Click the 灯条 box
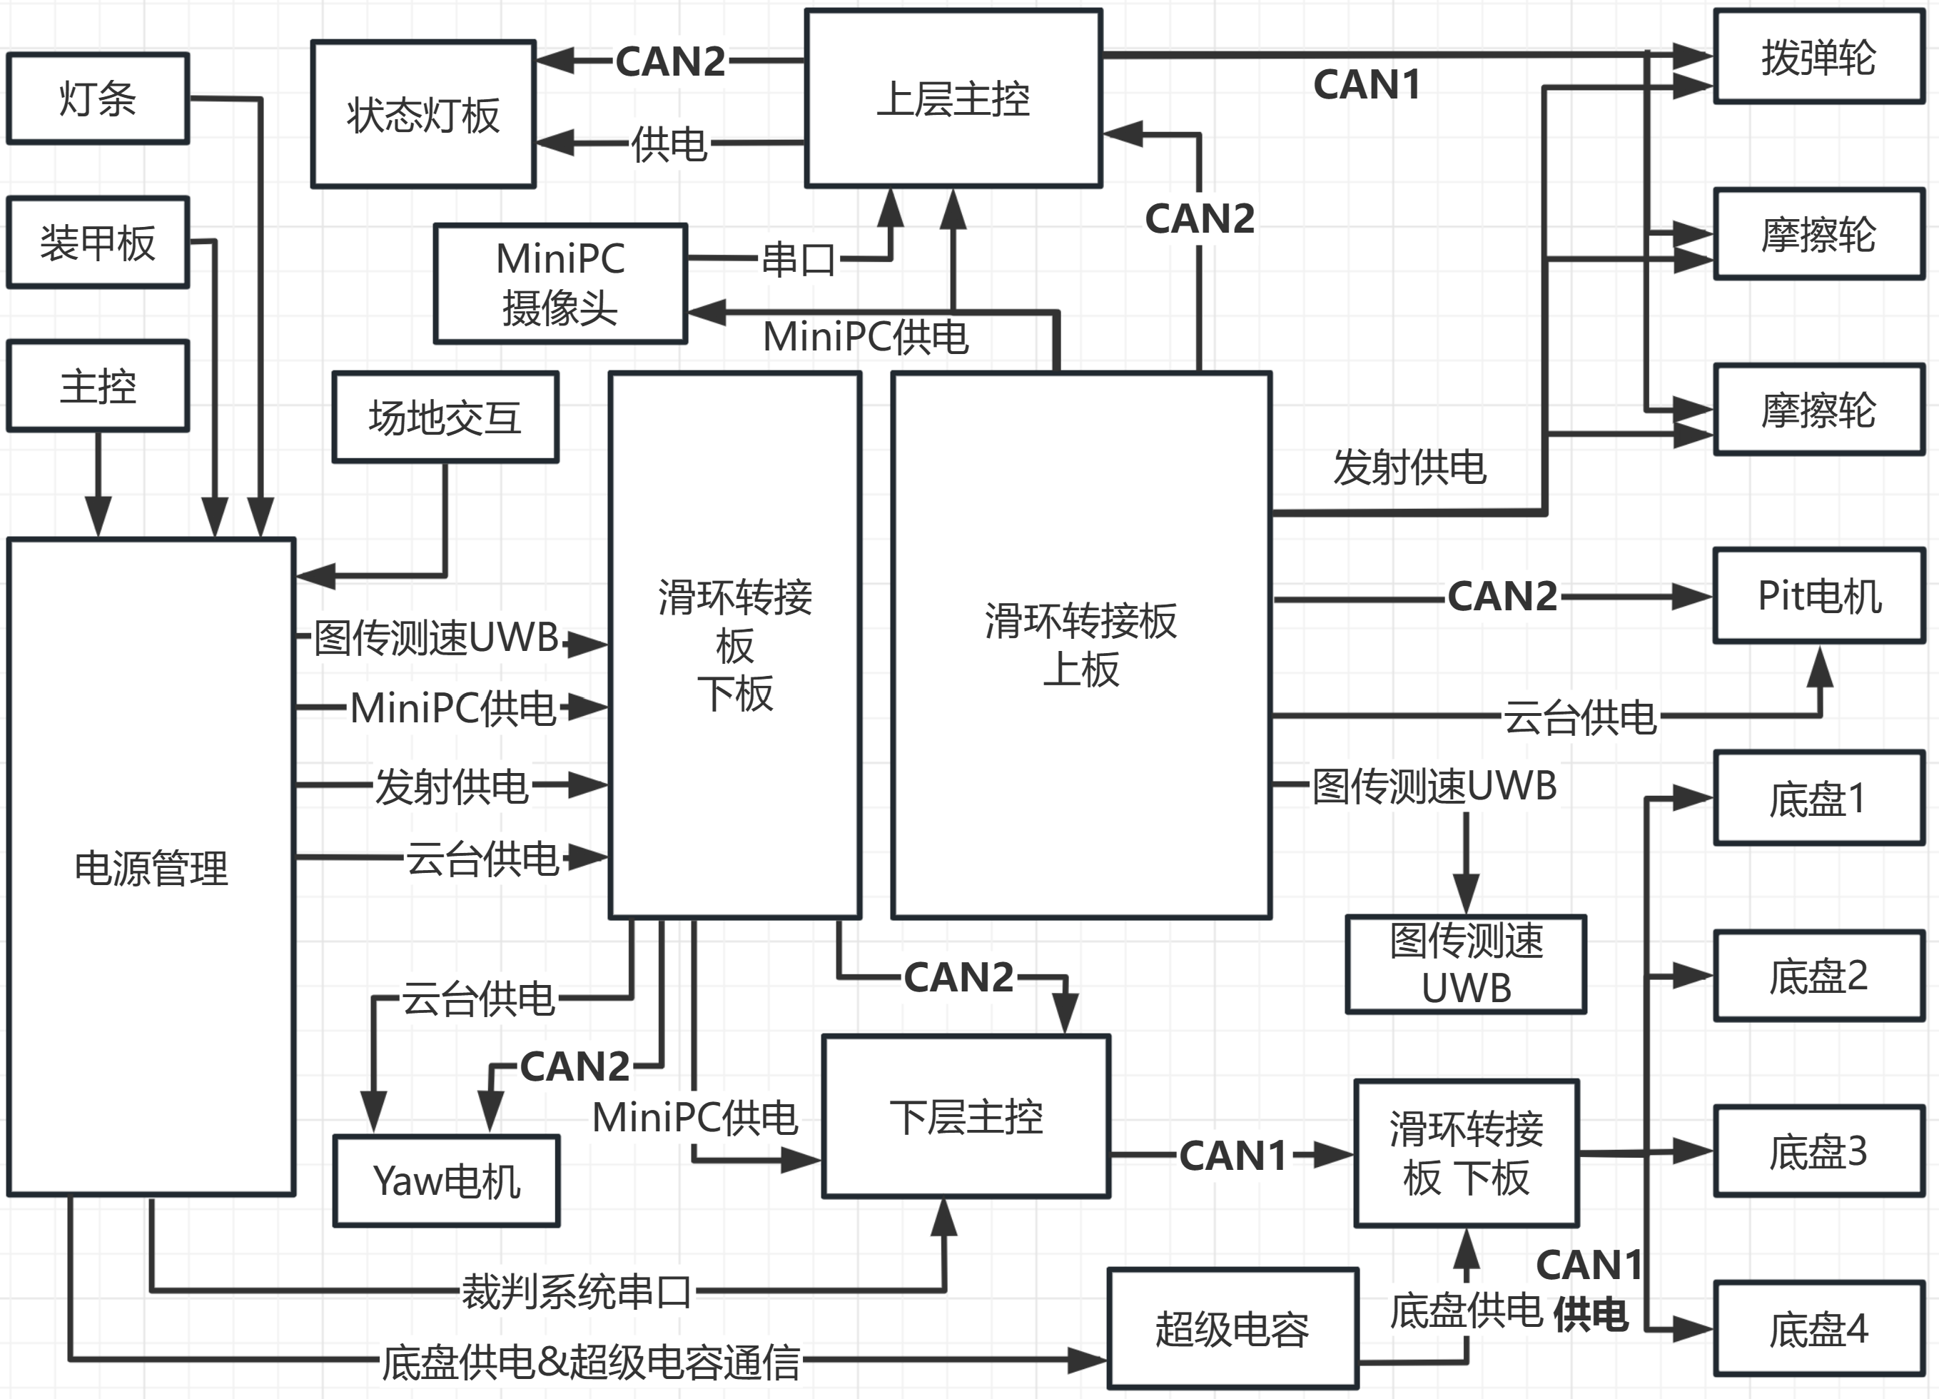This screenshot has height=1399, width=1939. (x=98, y=99)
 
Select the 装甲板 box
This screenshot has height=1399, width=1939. (x=98, y=243)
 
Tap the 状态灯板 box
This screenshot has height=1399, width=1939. (x=423, y=113)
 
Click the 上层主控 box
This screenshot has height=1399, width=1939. (x=953, y=99)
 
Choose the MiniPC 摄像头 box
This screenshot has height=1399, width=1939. (x=560, y=284)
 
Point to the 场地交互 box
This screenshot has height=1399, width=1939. (x=445, y=418)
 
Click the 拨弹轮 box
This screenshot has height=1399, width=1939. (x=1818, y=57)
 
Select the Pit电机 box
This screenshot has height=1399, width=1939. (x=1818, y=596)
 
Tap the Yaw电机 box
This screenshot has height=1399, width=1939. (x=446, y=1181)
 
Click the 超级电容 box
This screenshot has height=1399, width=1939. (x=1232, y=1329)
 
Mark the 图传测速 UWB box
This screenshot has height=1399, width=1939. (x=1467, y=964)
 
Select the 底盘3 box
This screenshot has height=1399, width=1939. (x=1818, y=1151)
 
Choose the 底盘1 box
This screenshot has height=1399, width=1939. (x=1818, y=799)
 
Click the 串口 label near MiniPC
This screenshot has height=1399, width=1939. (x=798, y=258)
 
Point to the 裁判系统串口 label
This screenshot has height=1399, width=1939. (x=576, y=1291)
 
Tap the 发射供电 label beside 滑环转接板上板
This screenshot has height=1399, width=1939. (x=1409, y=467)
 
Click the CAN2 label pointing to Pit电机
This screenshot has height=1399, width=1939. (x=1502, y=596)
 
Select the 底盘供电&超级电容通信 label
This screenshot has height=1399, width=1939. (x=591, y=1362)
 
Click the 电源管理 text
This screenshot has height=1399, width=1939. (x=151, y=868)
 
